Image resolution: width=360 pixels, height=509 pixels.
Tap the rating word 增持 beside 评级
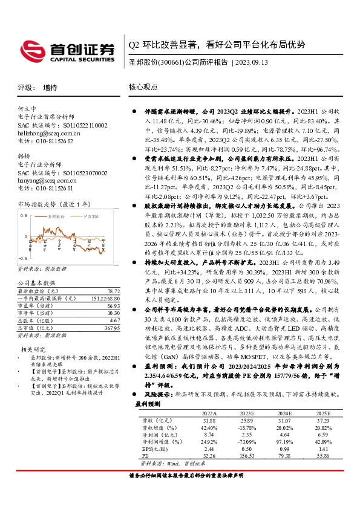[51, 87]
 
